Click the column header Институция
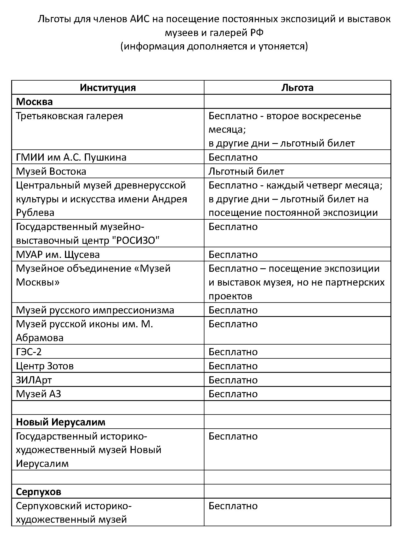point(108,88)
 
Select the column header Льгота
point(297,88)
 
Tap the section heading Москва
point(35,102)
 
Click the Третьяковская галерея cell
point(70,116)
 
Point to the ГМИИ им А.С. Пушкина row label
point(71,157)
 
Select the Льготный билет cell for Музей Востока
point(246,172)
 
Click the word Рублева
point(35,213)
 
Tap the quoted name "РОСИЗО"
point(135,240)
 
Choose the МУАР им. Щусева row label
point(58,255)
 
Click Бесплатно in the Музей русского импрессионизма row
point(233,310)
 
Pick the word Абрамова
point(40,338)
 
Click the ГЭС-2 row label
point(29,352)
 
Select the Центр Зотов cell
point(45,366)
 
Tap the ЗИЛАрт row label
point(34,380)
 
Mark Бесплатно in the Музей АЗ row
point(233,394)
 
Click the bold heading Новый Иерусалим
point(61,422)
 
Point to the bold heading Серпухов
point(39,492)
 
